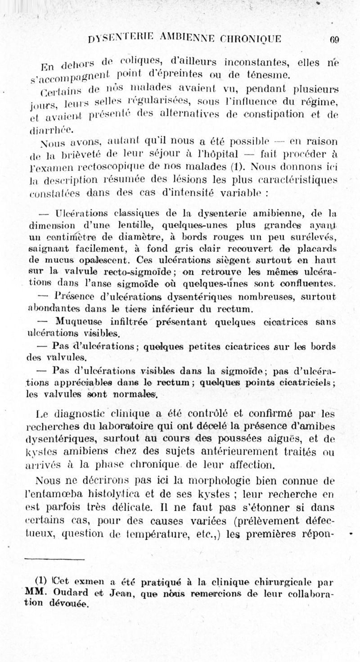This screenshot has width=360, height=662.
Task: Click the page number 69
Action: (x=334, y=39)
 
